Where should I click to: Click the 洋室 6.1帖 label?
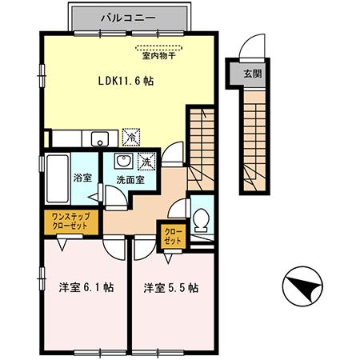click(82, 287)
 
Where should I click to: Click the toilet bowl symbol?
click(202, 217)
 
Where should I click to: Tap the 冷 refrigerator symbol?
click(131, 138)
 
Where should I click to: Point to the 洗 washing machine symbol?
click(146, 162)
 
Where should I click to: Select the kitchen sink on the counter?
click(99, 138)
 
